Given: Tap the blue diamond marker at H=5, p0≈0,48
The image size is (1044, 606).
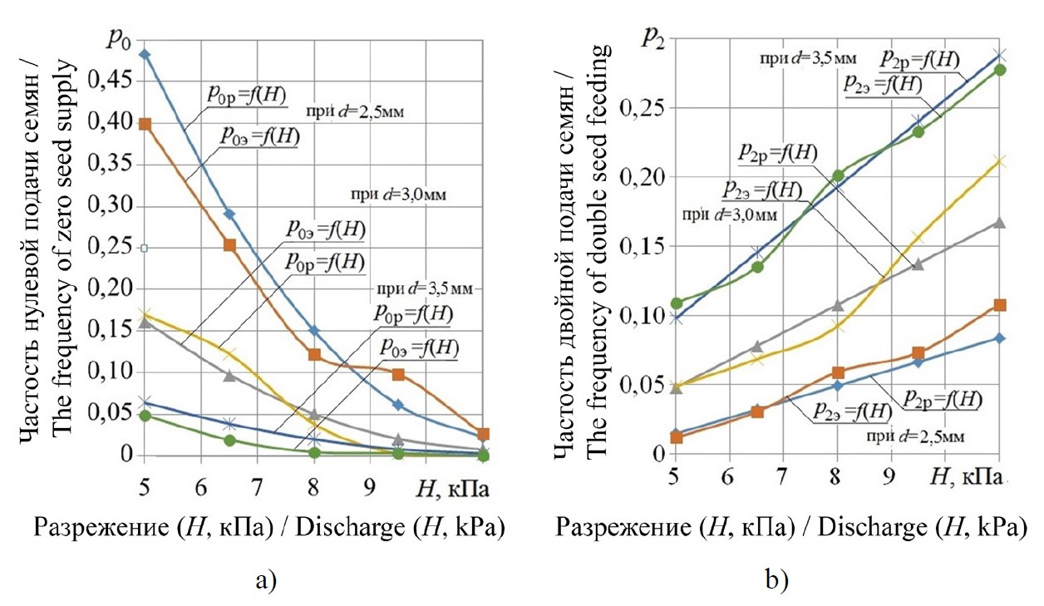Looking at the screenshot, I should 145,55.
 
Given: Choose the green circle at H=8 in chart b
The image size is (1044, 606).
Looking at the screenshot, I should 837,175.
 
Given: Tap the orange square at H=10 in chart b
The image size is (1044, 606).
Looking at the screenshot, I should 999,305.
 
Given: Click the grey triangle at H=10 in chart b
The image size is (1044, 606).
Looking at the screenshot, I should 999,223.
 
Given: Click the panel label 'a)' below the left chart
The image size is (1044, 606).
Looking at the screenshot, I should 265,581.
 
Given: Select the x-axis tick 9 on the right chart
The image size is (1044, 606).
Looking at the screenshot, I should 891,480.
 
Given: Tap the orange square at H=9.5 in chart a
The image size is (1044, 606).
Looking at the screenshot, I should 398,374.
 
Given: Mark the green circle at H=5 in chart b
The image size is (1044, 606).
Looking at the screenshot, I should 676,303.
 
